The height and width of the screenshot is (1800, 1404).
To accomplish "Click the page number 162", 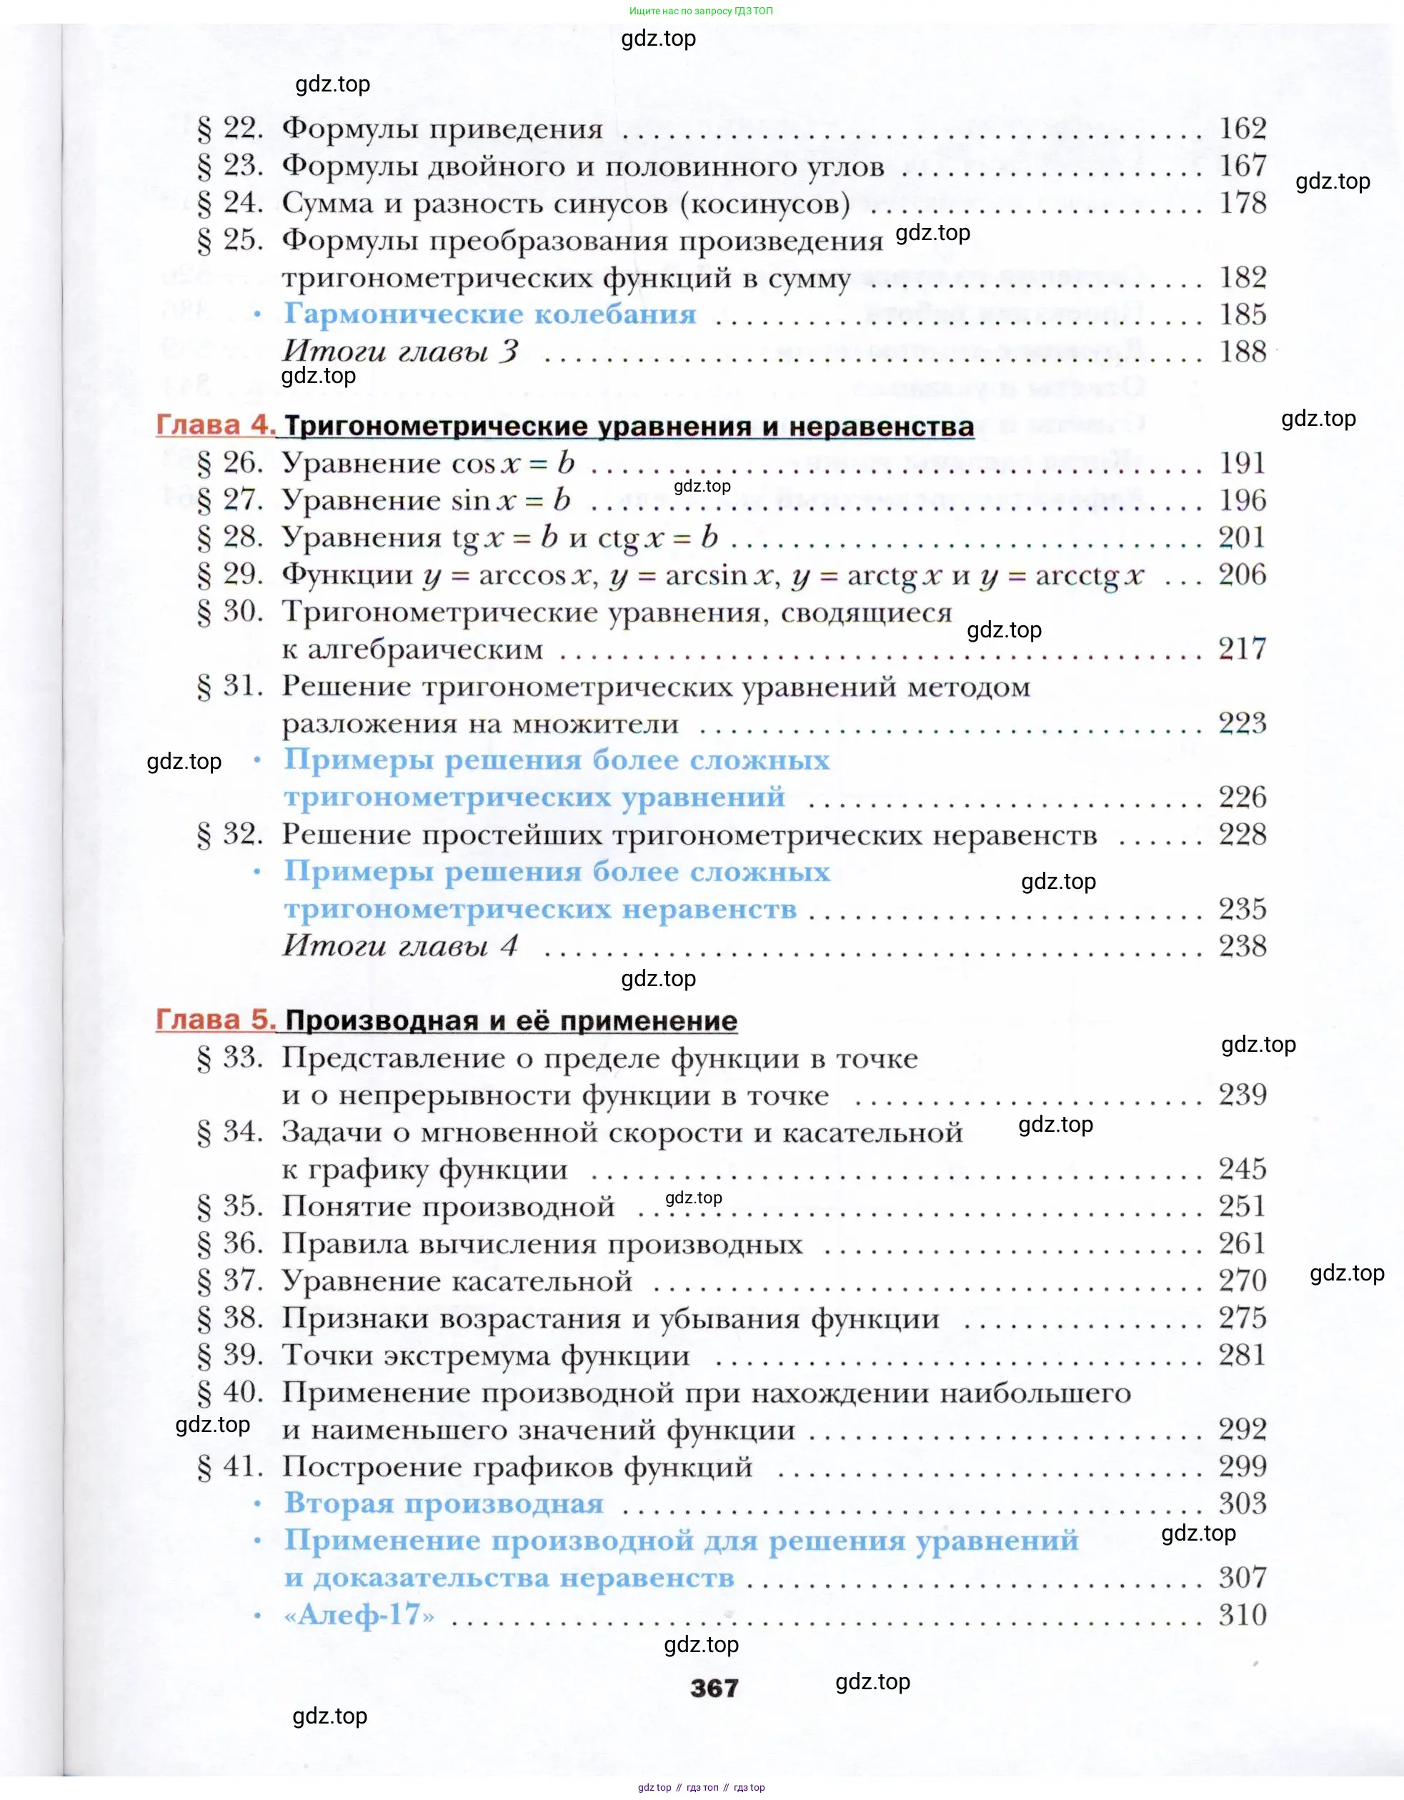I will click(x=1243, y=129).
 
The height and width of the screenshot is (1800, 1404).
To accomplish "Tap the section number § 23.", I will click(x=230, y=166).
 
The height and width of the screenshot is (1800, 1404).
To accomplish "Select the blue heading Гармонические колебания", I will click(x=490, y=314).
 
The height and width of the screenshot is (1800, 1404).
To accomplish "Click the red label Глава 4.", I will click(x=216, y=425).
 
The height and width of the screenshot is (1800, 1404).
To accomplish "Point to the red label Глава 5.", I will click(x=216, y=1020).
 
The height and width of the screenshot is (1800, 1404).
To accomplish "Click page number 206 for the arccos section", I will click(x=1243, y=575).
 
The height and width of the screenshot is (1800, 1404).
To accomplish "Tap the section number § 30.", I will click(x=230, y=612).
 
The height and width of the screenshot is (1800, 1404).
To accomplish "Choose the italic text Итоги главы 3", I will click(x=400, y=352).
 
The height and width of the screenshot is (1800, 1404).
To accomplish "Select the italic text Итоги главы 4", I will click(x=400, y=945).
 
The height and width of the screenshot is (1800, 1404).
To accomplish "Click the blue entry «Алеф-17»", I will click(x=359, y=1614).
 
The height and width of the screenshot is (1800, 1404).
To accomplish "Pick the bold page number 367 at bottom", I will click(x=715, y=1689).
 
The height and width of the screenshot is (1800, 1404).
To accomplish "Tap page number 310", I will click(x=1243, y=1614).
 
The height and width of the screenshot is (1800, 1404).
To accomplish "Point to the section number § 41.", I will click(x=230, y=1466).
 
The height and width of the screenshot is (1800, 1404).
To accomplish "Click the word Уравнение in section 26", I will click(x=359, y=463).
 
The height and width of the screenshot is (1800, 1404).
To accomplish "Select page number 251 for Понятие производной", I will click(x=1243, y=1205).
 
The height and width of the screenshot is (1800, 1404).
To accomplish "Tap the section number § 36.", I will click(x=230, y=1243).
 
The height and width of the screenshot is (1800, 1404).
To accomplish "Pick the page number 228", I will click(x=1243, y=834).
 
